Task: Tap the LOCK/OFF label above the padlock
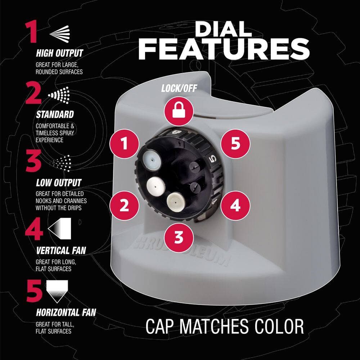tap(179, 89)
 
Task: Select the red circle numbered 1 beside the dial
tap(125, 144)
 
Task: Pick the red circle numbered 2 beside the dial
tap(124, 206)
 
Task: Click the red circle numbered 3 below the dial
tap(179, 237)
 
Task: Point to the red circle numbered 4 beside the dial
tap(235, 206)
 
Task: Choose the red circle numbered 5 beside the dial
tap(235, 144)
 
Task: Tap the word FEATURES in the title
tap(224, 49)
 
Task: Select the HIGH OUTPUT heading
tap(59, 53)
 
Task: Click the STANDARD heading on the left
tap(55, 114)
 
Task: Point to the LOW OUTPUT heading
tap(59, 183)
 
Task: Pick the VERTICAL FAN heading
tap(61, 251)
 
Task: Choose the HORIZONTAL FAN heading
tap(66, 312)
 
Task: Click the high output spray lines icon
tap(59, 33)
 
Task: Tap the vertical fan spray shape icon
tap(59, 229)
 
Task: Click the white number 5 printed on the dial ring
tap(213, 159)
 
